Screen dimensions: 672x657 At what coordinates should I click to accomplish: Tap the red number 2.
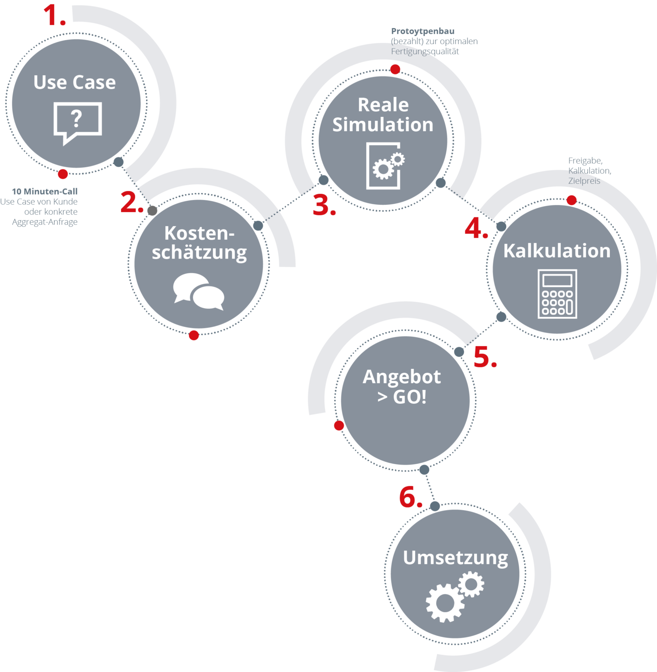tap(131, 202)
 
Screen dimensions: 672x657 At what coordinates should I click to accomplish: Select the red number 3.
tap(323, 205)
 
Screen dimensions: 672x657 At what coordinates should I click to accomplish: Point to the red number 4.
tap(475, 228)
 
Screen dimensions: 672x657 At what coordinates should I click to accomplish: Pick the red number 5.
tap(484, 357)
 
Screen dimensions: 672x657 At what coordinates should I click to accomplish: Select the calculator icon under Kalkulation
tap(557, 294)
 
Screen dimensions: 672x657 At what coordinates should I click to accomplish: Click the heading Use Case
tap(75, 82)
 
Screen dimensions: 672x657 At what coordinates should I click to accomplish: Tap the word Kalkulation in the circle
tap(556, 251)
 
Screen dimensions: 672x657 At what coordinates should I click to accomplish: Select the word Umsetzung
tap(455, 558)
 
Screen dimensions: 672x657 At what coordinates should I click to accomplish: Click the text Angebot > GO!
tap(402, 387)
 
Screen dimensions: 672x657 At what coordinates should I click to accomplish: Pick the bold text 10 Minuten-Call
tap(45, 191)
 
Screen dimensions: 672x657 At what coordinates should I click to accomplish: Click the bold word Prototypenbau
tap(423, 31)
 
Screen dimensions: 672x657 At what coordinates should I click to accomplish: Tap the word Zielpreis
tap(584, 181)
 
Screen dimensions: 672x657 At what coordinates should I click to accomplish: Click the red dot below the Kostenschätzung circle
tap(194, 335)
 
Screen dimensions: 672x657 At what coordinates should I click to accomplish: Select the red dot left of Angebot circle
tap(339, 426)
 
